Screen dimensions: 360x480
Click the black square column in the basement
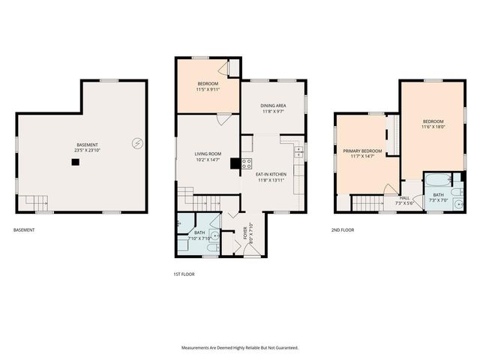point(75,160)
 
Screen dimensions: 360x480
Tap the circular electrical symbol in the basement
point(137,142)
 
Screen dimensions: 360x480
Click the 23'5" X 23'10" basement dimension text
point(88,150)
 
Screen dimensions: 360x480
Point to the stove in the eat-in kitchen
point(246,164)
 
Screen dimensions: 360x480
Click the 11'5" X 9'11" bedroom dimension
point(208,89)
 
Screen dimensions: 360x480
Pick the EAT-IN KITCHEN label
point(271,174)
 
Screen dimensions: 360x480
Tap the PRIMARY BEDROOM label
point(362,151)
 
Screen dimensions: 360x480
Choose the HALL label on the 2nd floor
point(403,198)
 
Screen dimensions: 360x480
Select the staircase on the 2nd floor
point(367,202)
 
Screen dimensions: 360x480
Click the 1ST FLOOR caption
point(184,274)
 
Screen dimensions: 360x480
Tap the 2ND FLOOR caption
point(343,230)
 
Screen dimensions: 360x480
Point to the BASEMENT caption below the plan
point(24,230)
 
